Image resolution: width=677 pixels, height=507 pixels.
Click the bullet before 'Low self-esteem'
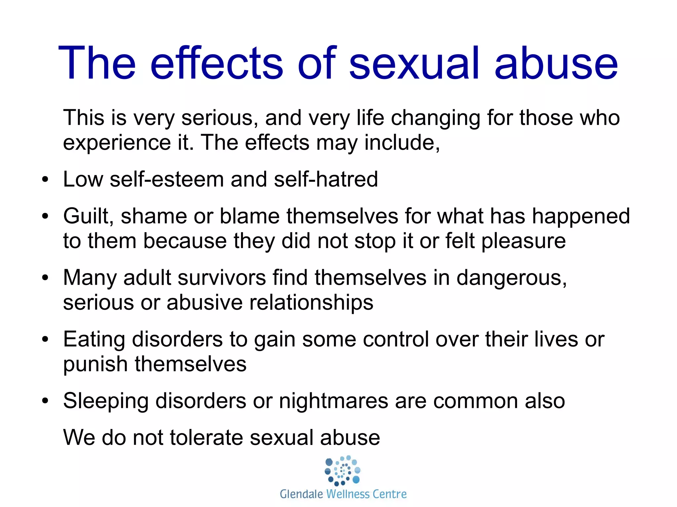(45, 180)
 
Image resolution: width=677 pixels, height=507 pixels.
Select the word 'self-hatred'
(326, 179)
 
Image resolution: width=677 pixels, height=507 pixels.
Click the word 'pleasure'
(524, 241)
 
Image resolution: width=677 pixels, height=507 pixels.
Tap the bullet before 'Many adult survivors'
(45, 278)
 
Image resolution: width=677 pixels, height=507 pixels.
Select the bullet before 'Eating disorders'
(45, 340)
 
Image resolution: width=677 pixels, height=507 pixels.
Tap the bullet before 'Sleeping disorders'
(45, 401)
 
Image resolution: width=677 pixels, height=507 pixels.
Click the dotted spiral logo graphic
(342, 470)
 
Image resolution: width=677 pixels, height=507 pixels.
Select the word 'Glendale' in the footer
(301, 494)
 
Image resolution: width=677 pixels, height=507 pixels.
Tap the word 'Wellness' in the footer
(348, 494)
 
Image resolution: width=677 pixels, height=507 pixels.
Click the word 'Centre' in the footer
(390, 494)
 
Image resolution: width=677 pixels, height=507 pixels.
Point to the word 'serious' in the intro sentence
(220, 118)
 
